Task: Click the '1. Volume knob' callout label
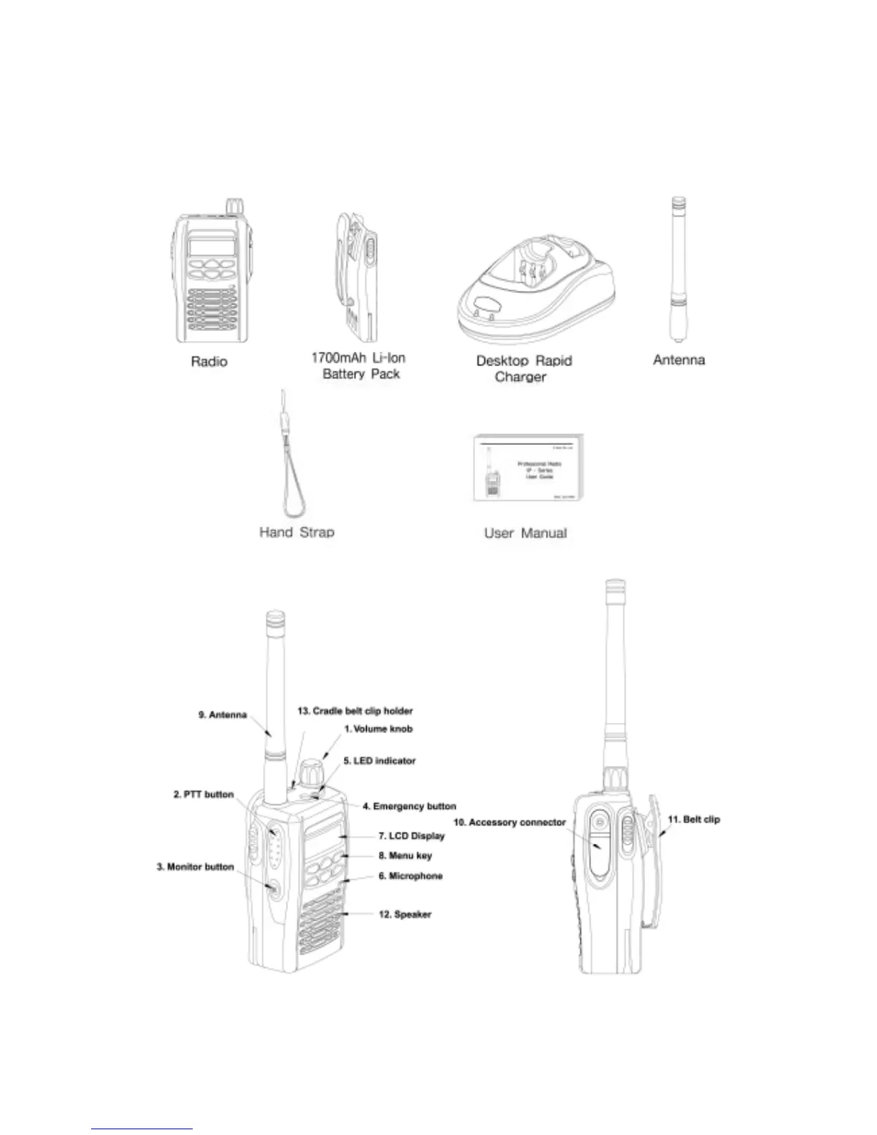378,729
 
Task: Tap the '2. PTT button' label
203,795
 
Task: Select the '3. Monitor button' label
195,867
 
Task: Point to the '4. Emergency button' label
408,806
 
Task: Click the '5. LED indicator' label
379,760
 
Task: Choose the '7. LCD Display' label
411,835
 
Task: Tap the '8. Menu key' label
405,856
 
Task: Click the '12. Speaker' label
405,914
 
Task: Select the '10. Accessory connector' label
509,822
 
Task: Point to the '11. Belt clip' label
694,819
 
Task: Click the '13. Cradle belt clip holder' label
355,711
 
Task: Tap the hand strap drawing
292,466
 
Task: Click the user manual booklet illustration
527,469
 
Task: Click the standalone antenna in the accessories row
677,269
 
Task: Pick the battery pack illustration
357,276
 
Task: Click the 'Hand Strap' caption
297,532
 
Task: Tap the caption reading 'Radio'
209,362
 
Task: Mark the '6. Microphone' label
411,876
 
